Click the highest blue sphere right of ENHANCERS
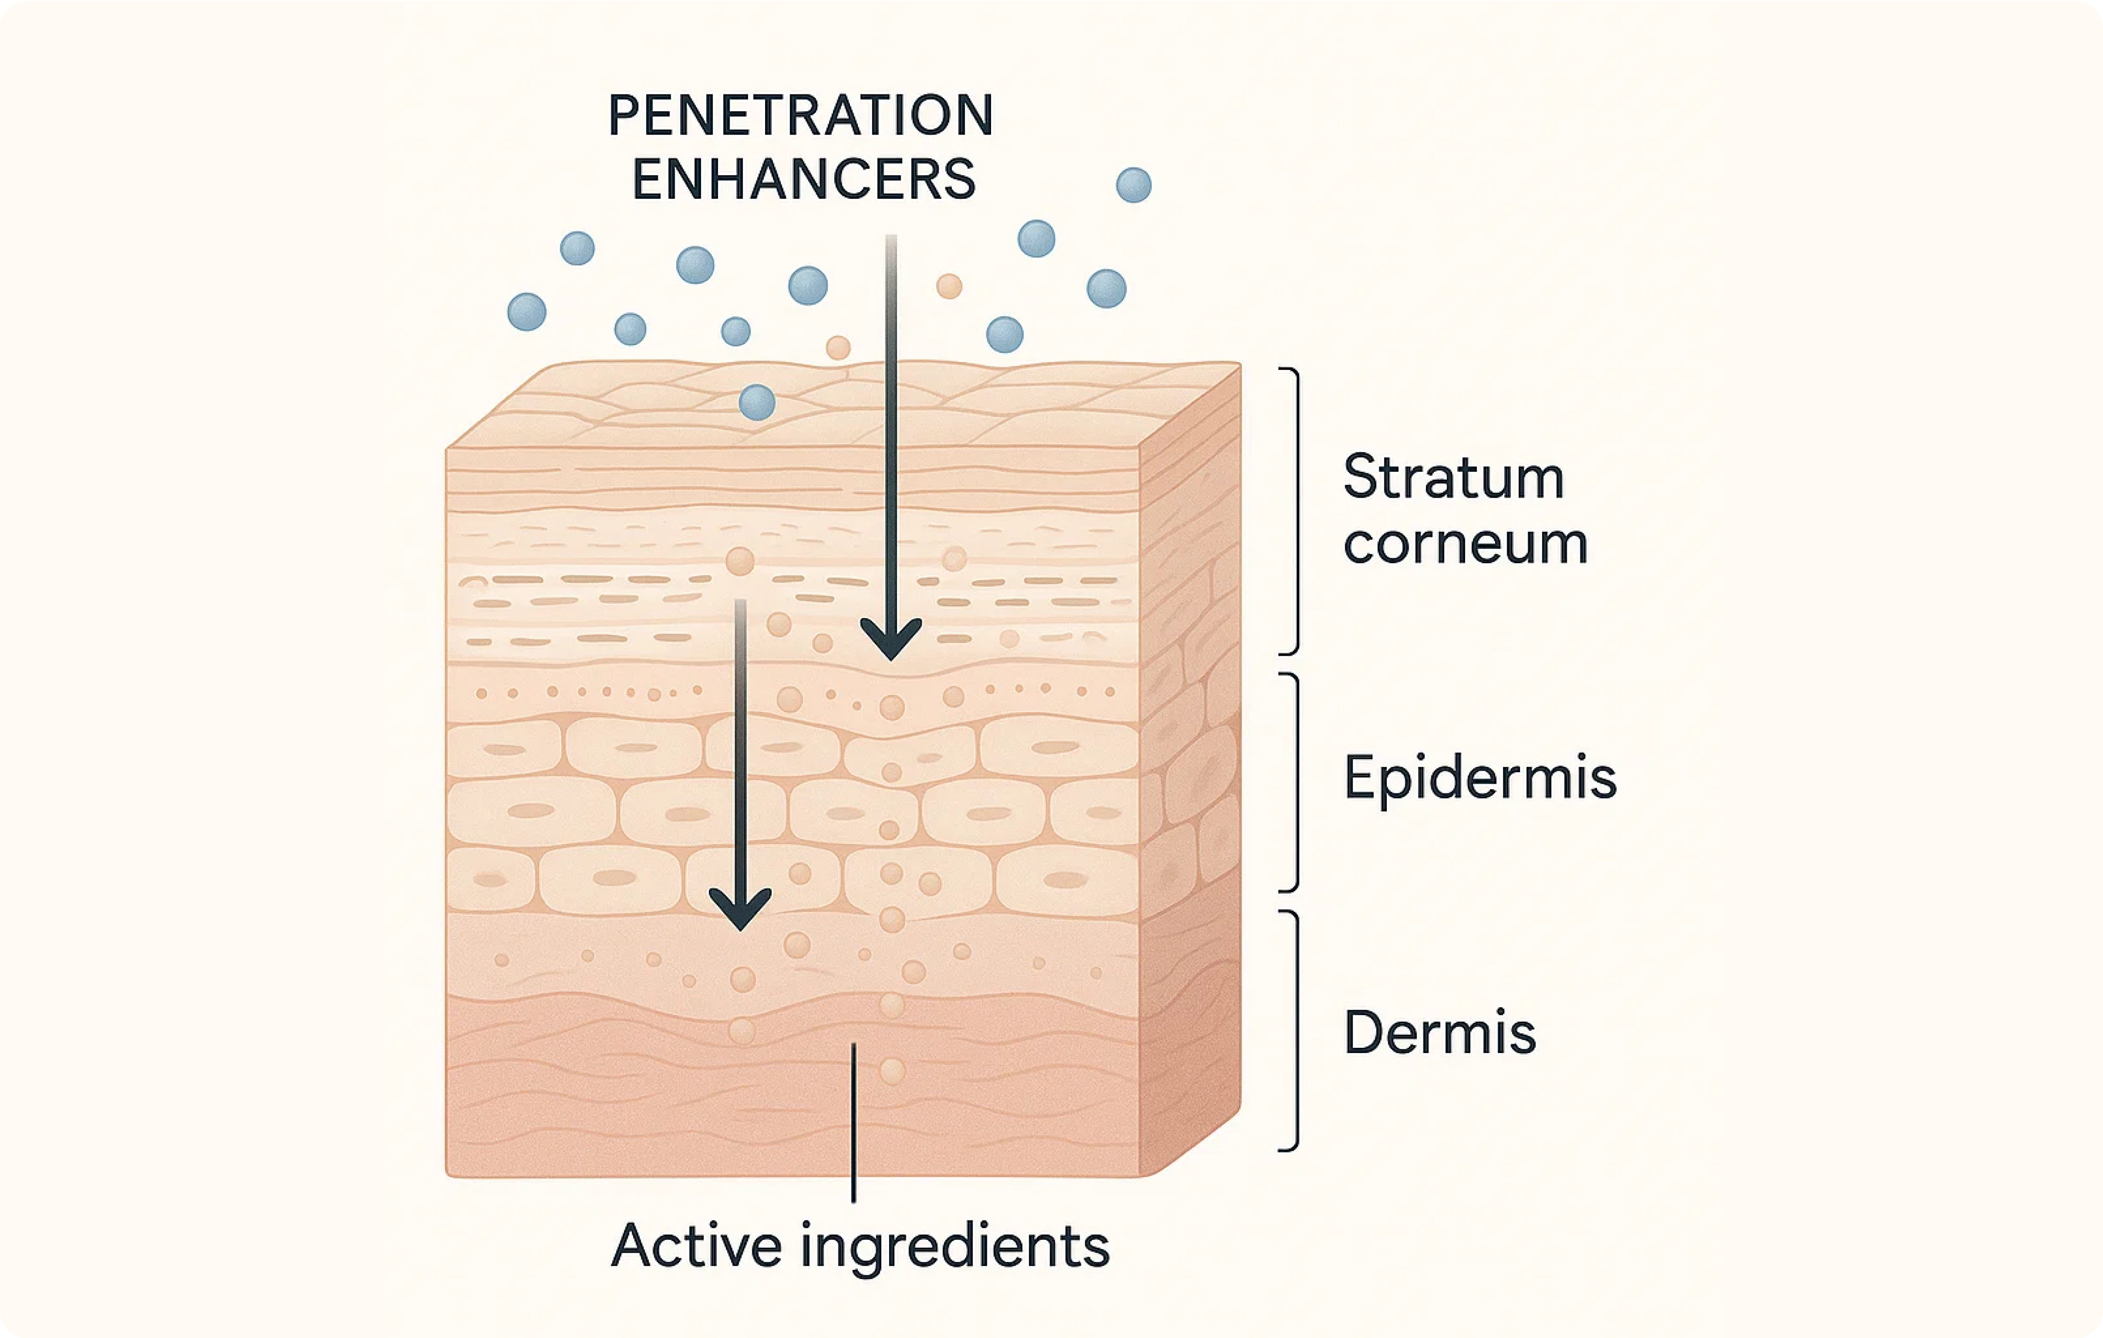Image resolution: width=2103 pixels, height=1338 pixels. [1134, 185]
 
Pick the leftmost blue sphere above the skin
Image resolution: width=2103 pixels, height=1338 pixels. [527, 312]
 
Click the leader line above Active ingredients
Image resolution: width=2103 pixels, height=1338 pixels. [853, 1122]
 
